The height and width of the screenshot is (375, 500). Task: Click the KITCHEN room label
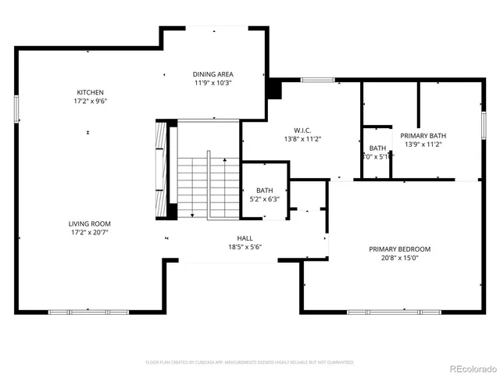pos(86,92)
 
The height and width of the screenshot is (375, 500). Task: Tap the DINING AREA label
pos(213,73)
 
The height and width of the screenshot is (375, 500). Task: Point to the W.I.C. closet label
pos(304,130)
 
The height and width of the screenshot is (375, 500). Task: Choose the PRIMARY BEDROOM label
pos(399,249)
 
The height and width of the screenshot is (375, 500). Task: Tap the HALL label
pos(245,238)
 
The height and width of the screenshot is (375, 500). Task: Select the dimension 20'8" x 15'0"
pos(399,258)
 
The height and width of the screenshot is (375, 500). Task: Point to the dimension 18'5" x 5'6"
pos(245,247)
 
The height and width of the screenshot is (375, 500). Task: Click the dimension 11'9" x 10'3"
pos(213,82)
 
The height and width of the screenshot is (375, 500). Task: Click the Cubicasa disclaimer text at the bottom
pos(250,362)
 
